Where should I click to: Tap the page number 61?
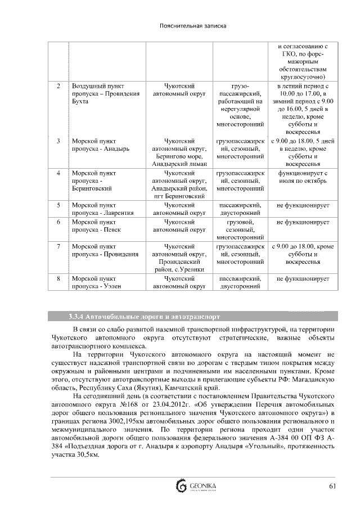[333, 486]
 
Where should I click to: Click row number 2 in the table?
[58, 86]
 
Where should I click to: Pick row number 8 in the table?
[58, 278]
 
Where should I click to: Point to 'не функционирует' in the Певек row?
[303, 222]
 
